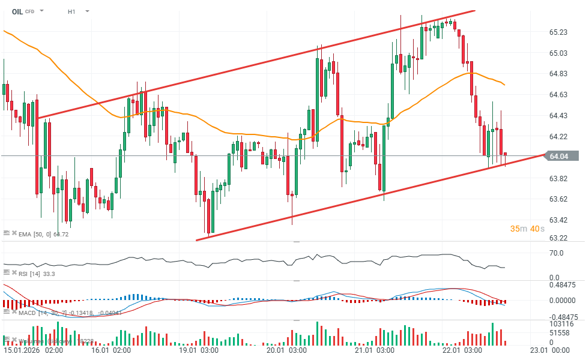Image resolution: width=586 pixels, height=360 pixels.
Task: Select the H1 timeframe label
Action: pos(71,11)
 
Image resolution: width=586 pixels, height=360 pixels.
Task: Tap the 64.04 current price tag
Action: pos(558,157)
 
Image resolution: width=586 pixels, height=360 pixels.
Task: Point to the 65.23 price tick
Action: pos(558,32)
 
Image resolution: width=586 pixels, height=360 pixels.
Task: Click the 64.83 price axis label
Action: pos(558,74)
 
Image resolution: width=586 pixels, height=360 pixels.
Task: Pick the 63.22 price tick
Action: pos(558,239)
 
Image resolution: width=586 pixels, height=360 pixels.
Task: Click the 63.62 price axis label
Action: pos(558,199)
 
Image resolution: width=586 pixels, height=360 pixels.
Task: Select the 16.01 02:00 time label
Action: pos(111,350)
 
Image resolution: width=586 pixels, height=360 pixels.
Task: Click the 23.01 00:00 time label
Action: pos(551,350)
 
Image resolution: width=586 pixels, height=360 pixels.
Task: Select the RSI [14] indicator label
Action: pos(29,274)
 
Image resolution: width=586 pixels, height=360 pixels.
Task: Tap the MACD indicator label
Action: pos(28,312)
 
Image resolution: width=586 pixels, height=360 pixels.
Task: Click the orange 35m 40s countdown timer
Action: pos(528,229)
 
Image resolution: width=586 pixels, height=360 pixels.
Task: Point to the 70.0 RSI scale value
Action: pos(556,253)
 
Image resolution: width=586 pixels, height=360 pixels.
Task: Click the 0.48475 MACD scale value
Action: pos(563,284)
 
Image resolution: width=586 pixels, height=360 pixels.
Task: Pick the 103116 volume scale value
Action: pos(561,324)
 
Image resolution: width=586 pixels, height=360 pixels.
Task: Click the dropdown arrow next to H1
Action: pos(88,11)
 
